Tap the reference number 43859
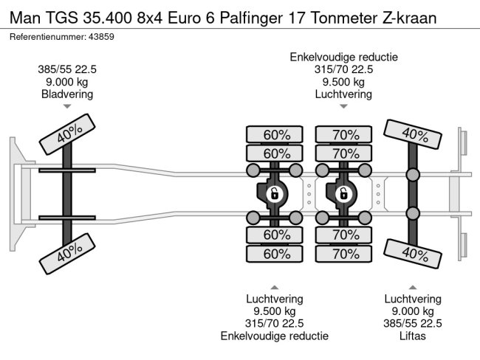click(x=106, y=36)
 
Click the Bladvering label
click(x=67, y=94)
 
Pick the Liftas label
click(x=413, y=336)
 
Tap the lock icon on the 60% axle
click(x=273, y=194)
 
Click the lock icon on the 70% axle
click(x=343, y=194)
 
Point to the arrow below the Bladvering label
click(x=67, y=106)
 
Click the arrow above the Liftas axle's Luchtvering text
click(x=413, y=286)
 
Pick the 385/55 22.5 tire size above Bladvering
click(x=67, y=70)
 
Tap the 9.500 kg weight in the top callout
click(x=343, y=82)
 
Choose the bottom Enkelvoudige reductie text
click(x=274, y=336)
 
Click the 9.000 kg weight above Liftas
click(x=413, y=311)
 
